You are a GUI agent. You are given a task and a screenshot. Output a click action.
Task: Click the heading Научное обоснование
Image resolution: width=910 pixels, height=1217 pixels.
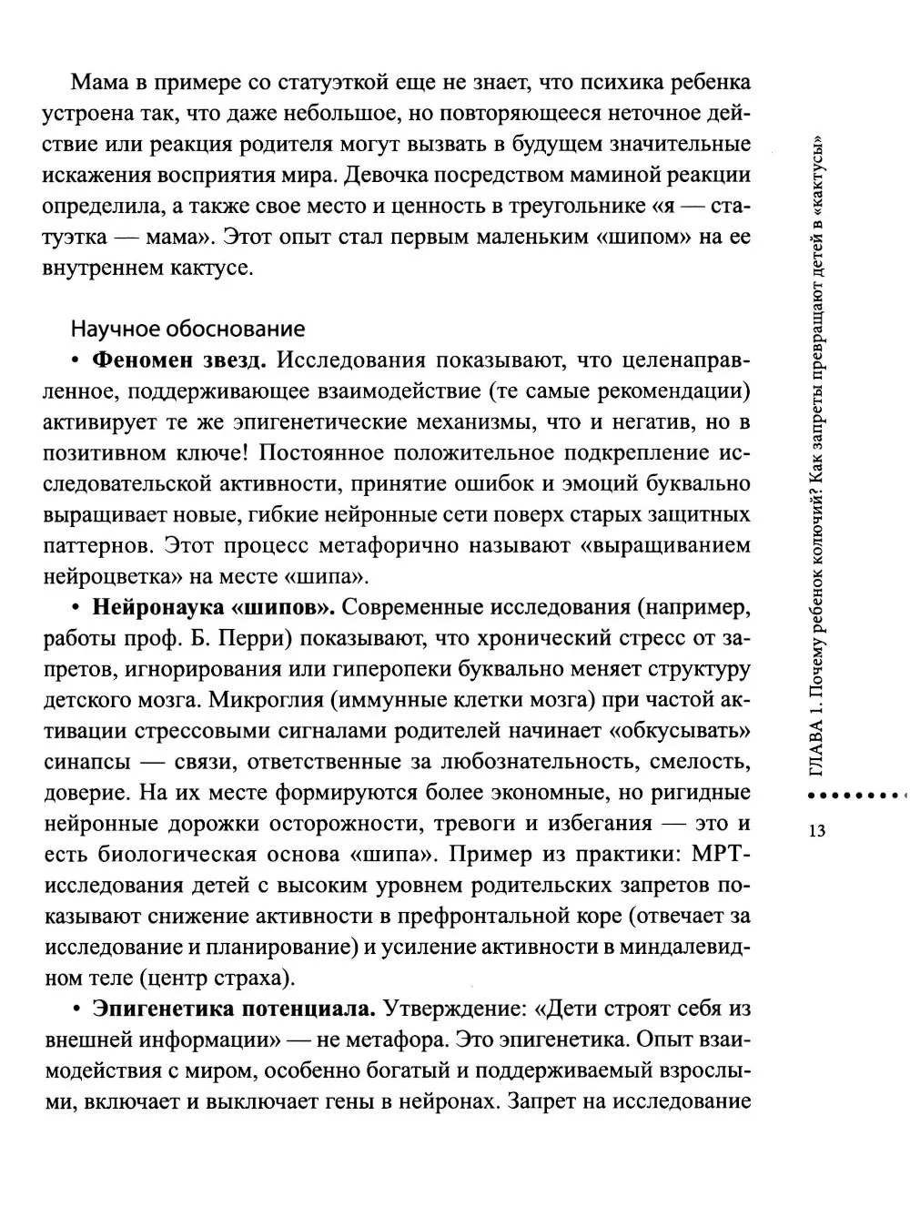pos(187,328)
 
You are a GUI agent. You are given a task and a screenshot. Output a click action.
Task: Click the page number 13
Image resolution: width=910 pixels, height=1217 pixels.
pos(814,830)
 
